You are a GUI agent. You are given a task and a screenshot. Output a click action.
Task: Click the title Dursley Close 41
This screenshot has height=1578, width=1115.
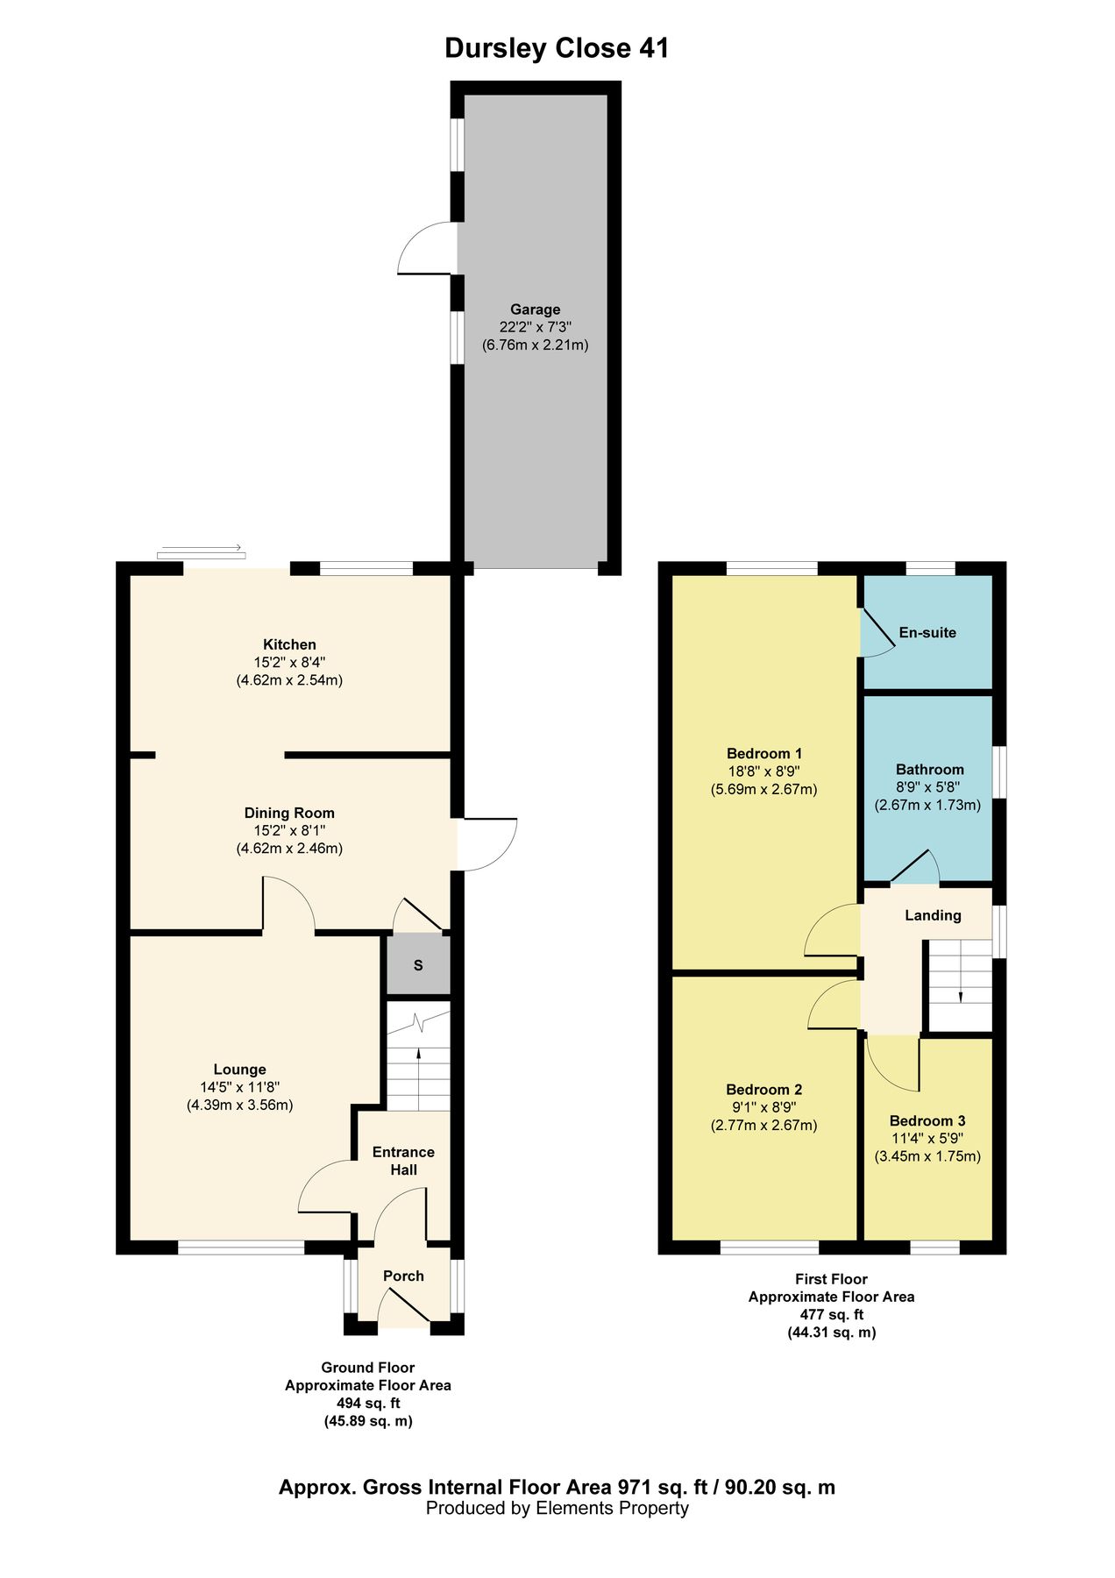click(557, 48)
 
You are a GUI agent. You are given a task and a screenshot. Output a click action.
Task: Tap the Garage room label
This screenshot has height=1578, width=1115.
click(535, 309)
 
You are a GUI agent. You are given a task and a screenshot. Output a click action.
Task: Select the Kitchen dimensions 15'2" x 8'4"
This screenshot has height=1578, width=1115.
click(289, 662)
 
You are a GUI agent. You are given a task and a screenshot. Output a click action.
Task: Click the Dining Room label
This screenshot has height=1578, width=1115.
click(289, 813)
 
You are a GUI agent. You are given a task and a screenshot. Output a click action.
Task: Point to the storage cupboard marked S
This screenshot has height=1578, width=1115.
click(418, 965)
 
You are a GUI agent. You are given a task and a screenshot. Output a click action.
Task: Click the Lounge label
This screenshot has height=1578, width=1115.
click(239, 1070)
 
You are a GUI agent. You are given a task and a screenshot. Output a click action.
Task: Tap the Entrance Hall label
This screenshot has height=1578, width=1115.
click(403, 1161)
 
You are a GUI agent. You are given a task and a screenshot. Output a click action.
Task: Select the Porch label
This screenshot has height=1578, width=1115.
click(403, 1276)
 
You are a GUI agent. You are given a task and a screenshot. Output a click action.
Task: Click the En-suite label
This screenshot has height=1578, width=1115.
click(927, 632)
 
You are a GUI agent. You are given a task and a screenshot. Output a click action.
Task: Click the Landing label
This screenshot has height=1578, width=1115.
click(933, 915)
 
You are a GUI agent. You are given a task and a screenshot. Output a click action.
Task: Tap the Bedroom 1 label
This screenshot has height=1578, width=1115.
click(763, 753)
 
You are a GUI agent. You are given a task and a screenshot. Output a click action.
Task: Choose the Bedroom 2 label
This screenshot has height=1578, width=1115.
click(763, 1090)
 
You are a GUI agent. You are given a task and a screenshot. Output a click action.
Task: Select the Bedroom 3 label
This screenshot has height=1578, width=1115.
click(927, 1120)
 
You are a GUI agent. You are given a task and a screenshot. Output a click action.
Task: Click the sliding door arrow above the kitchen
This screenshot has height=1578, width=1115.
click(202, 550)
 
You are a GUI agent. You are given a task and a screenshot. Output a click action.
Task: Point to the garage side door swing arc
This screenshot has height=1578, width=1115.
click(423, 249)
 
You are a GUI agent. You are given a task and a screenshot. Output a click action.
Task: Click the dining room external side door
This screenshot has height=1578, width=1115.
click(487, 843)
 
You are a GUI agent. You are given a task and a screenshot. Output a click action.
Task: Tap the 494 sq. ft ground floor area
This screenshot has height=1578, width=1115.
click(367, 1404)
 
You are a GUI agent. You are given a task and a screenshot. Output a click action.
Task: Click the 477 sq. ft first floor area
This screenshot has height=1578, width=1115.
click(831, 1314)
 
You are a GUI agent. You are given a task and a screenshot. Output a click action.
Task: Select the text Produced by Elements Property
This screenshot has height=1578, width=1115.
click(557, 1508)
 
